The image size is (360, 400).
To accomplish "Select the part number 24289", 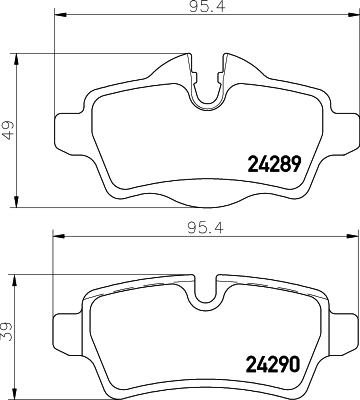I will tap(273, 164).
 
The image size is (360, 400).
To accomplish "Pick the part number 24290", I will tap(273, 364).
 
